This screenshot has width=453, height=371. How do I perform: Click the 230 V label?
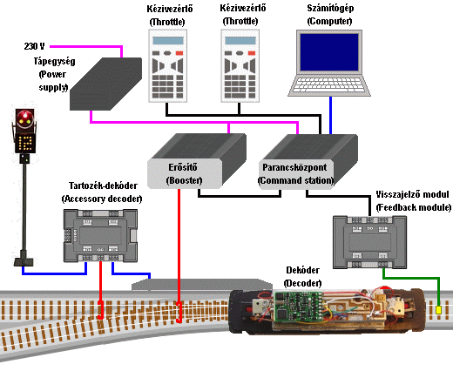coord(35,46)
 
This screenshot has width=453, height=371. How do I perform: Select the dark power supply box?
coord(106,84)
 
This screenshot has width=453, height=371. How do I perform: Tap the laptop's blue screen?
coord(329,52)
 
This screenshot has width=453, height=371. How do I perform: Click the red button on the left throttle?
coord(179,53)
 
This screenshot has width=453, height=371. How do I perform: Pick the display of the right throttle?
coord(240,40)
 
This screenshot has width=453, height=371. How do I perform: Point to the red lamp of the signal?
coord(23,117)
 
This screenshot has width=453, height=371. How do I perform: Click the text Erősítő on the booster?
coord(183,167)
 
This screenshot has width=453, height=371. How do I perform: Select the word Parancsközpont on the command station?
coord(294,167)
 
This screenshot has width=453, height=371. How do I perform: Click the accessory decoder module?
coord(100,235)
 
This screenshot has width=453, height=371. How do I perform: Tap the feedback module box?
coord(369,242)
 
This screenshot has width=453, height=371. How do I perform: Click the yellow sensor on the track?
coord(438,310)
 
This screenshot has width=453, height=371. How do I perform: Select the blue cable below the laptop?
coord(330,115)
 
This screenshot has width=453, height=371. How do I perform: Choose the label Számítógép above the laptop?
coord(330,8)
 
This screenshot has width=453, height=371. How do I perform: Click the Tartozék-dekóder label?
coord(103,185)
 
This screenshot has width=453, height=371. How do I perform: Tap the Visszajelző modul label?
coord(412,194)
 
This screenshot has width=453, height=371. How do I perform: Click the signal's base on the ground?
coord(24,261)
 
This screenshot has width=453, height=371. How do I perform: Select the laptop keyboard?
coord(328,84)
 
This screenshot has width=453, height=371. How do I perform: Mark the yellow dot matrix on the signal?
coord(25,143)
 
